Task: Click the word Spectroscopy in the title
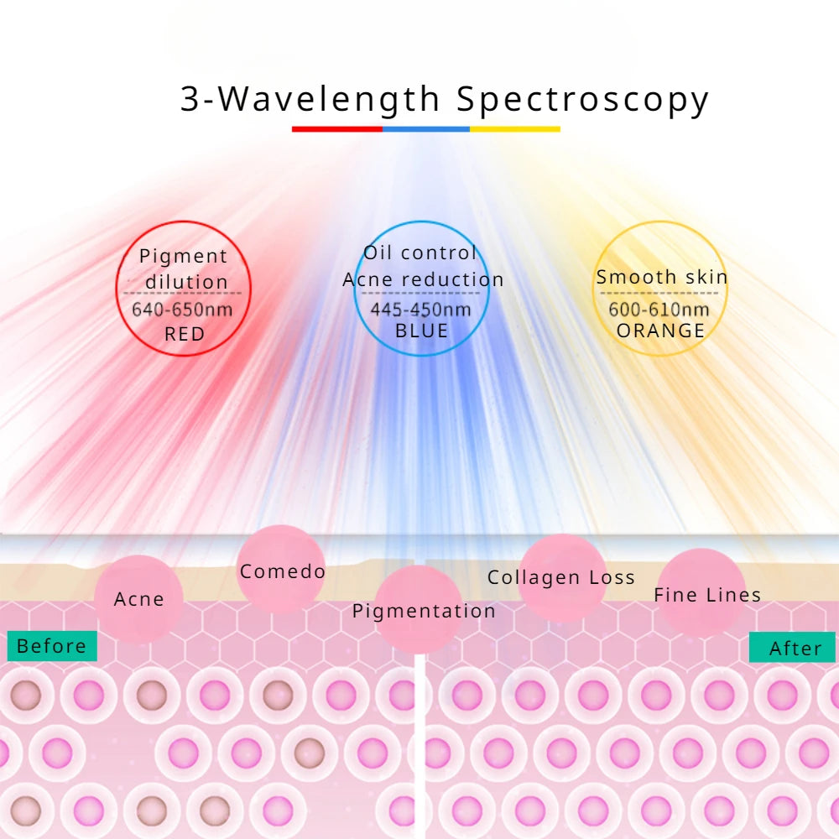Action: (x=583, y=100)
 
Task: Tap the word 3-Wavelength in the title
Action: (x=310, y=99)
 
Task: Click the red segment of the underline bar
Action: (x=337, y=129)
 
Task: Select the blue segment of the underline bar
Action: (x=426, y=129)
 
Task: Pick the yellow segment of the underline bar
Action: (x=515, y=129)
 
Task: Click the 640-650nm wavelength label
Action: (x=182, y=309)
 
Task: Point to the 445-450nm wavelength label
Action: (x=421, y=310)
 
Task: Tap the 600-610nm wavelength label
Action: (x=659, y=310)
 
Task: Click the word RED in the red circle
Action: (x=184, y=334)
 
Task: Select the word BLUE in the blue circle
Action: (x=421, y=331)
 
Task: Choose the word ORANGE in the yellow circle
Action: (x=660, y=331)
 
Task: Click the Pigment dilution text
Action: (x=184, y=268)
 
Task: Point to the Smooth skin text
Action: (x=662, y=277)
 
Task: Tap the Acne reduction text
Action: (x=423, y=279)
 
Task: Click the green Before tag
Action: (x=52, y=646)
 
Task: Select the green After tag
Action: (x=792, y=648)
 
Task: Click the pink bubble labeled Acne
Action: (x=138, y=599)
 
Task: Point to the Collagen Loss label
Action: (x=561, y=577)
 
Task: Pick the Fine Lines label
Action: (x=707, y=595)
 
